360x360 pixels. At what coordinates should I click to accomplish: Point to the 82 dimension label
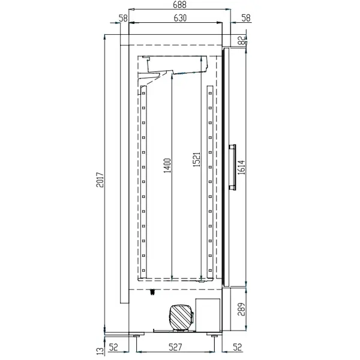241,41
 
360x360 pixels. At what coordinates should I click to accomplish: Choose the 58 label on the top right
246,19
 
